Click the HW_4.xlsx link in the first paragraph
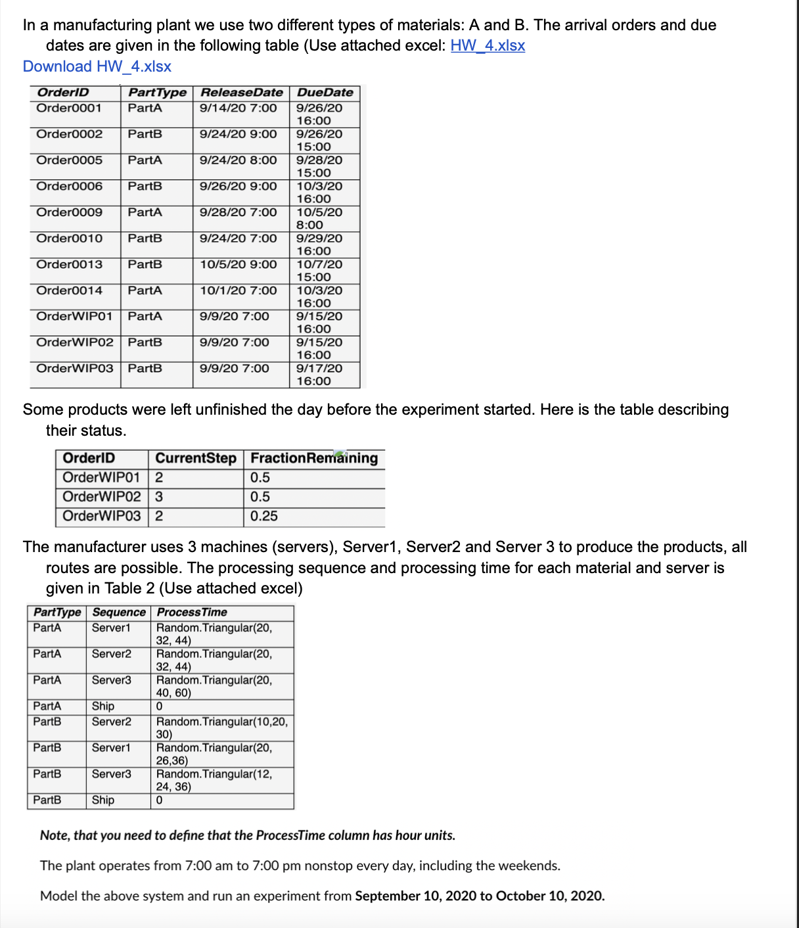click(x=488, y=45)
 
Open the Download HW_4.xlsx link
click(x=97, y=66)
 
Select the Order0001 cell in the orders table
click(x=69, y=108)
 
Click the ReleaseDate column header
click(x=241, y=93)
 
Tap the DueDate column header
click(x=325, y=93)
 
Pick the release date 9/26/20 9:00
click(x=238, y=186)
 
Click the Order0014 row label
click(x=69, y=290)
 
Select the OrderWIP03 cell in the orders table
click(x=74, y=368)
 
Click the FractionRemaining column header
click(x=314, y=458)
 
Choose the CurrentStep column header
click(x=195, y=458)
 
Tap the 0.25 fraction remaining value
click(x=264, y=516)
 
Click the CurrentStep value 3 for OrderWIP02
click(x=159, y=497)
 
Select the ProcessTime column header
click(x=192, y=612)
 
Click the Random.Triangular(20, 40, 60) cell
click(x=214, y=686)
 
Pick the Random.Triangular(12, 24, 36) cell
click(x=214, y=780)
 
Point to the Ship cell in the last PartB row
click(x=103, y=800)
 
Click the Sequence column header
click(x=119, y=612)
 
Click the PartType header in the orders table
click(x=157, y=93)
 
